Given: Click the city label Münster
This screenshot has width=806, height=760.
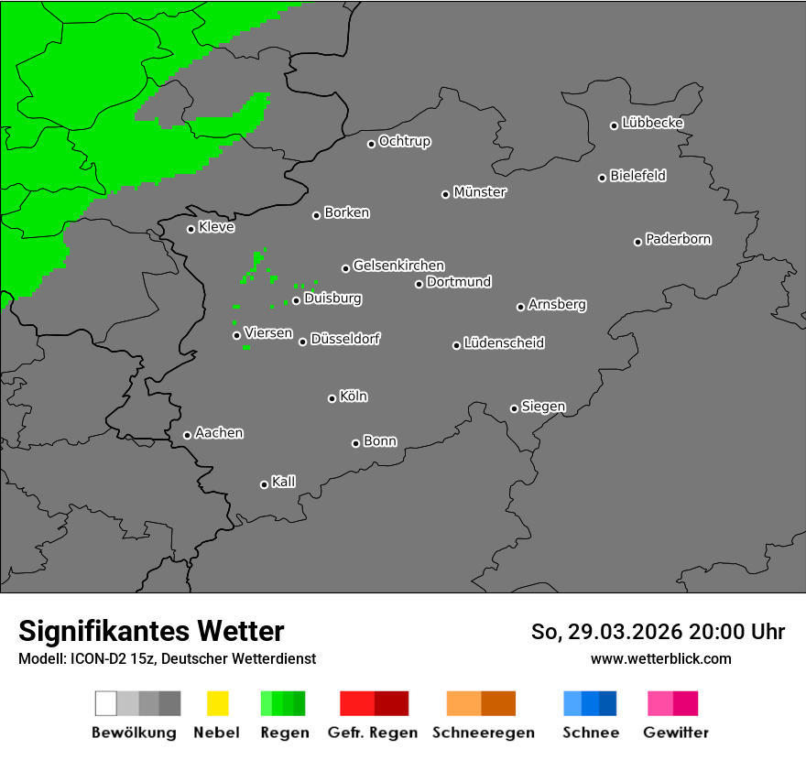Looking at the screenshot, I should coord(480,192).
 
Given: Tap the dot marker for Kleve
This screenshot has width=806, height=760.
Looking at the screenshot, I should coord(191,229).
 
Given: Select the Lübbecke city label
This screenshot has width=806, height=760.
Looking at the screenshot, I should coord(652,123).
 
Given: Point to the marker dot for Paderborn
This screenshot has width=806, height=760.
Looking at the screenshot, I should coord(637,242).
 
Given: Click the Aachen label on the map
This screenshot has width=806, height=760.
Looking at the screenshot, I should coord(219,433).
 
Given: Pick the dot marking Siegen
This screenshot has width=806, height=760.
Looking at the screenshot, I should coord(514,408).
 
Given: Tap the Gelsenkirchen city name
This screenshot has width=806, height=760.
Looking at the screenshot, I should coord(398,266).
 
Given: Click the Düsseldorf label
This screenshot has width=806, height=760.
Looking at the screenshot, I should coord(344,339).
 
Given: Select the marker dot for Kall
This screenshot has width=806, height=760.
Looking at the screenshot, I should coord(264,484).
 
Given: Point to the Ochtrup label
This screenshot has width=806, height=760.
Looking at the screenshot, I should coord(405,141).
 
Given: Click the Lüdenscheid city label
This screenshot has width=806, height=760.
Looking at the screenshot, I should coord(504,343).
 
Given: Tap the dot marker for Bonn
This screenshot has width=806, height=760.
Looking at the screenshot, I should coord(355,443).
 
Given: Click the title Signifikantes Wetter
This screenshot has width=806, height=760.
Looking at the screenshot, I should coord(151,631).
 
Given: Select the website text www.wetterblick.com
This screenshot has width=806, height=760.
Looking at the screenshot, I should coord(660,658).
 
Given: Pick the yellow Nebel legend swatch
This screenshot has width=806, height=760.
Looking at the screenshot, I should coord(217,703).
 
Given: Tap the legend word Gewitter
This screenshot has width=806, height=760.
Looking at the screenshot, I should coord(675,733).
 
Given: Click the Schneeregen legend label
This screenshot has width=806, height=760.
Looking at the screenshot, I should coord(483,733).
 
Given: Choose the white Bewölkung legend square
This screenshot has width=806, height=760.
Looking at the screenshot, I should coord(106,703).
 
